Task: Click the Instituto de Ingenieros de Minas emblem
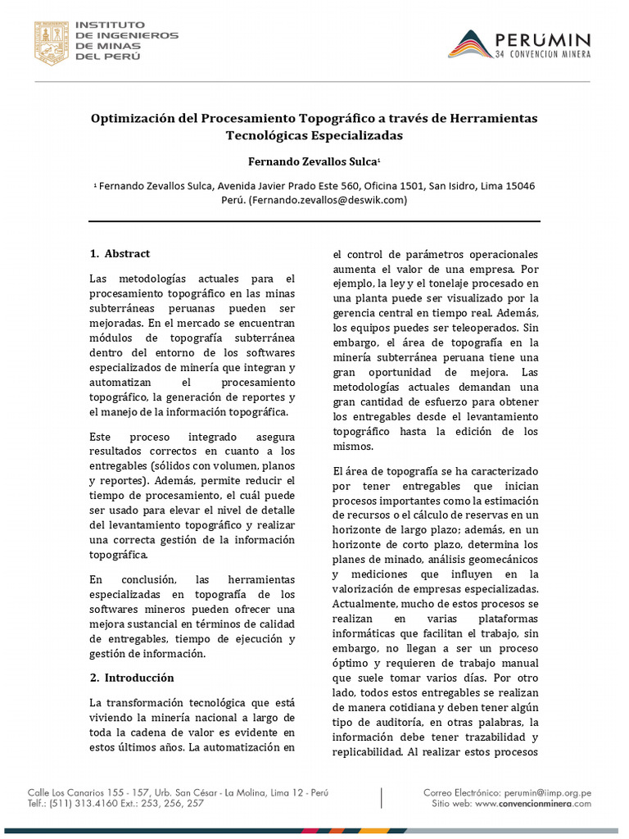click(x=51, y=43)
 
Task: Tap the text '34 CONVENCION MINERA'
click(x=543, y=55)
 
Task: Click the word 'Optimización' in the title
click(x=129, y=118)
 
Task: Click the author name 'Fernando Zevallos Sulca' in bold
click(x=312, y=162)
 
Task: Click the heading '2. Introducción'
click(x=131, y=678)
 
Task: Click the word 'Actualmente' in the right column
click(x=367, y=603)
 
